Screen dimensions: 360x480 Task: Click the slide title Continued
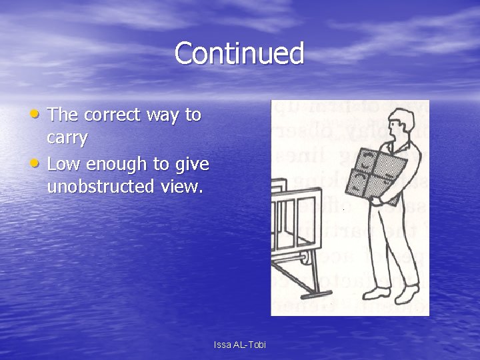pos(239,53)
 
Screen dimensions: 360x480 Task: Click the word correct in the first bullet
pos(111,115)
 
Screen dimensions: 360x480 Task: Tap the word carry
pos(67,138)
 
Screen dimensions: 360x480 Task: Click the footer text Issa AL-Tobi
pos(239,345)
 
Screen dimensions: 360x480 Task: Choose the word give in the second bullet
pos(193,164)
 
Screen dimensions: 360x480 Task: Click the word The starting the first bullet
pos(63,115)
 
